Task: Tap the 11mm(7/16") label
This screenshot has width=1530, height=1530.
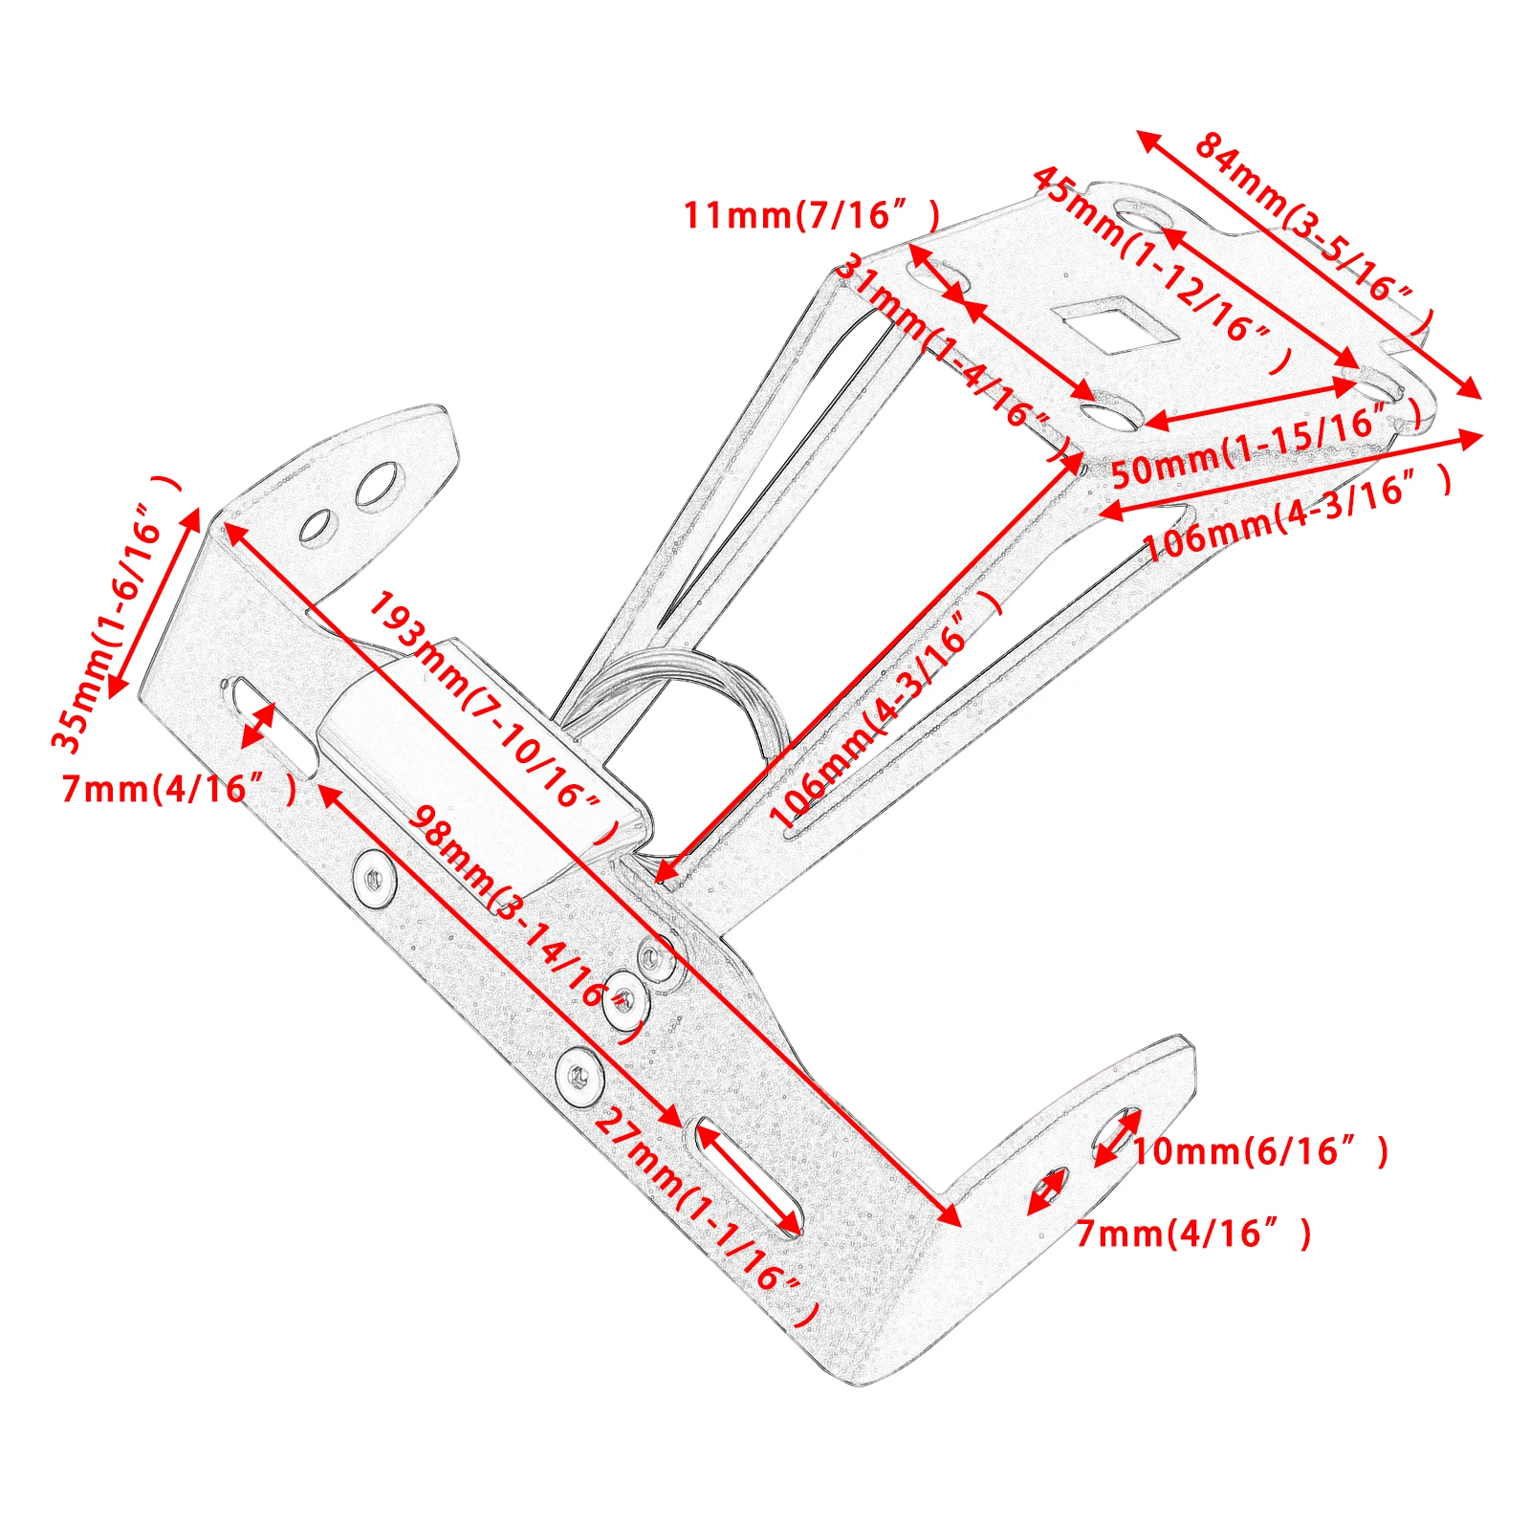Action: [x=811, y=216]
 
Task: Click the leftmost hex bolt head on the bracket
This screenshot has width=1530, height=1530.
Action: [x=375, y=879]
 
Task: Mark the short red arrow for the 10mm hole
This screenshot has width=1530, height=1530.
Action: [x=1118, y=1136]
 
